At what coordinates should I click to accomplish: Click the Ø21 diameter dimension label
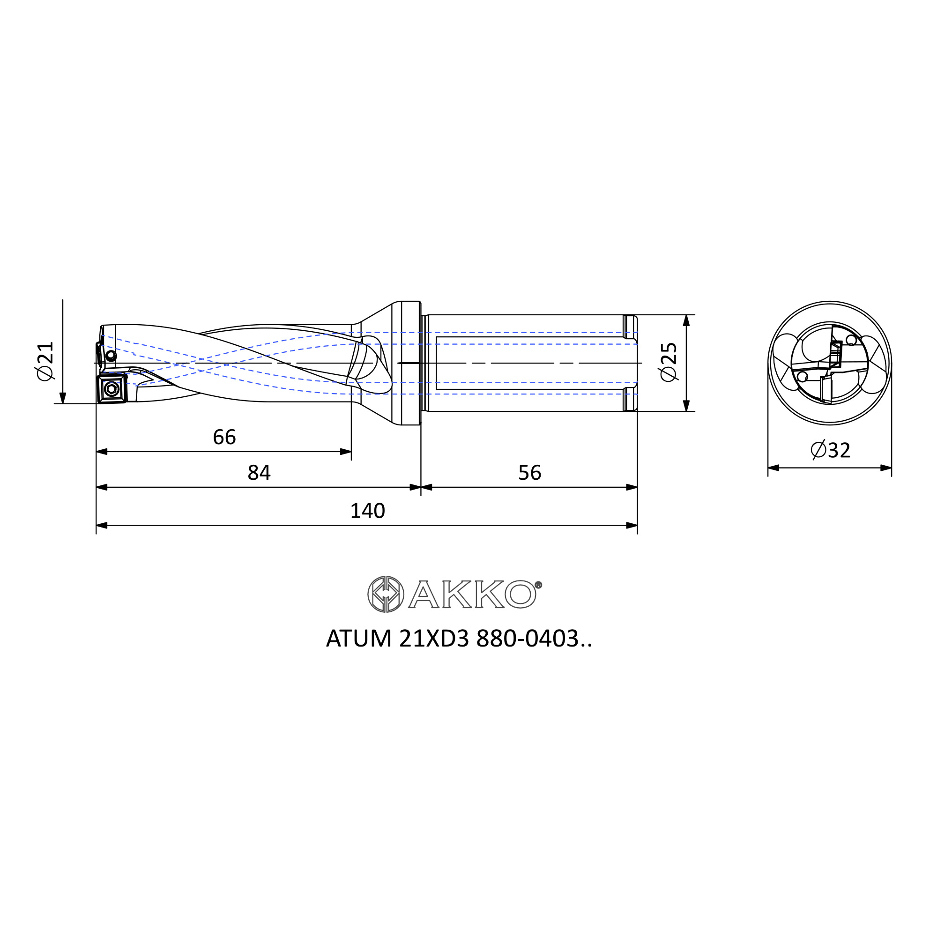(45, 361)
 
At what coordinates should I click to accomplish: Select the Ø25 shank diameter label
(669, 362)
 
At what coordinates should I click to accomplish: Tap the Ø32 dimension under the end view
(830, 450)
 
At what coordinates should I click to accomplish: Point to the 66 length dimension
(224, 437)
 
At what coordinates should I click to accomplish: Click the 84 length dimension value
(259, 472)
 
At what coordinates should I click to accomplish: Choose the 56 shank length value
(529, 472)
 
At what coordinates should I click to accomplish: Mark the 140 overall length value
(368, 511)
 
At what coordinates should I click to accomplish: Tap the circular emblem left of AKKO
(386, 594)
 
